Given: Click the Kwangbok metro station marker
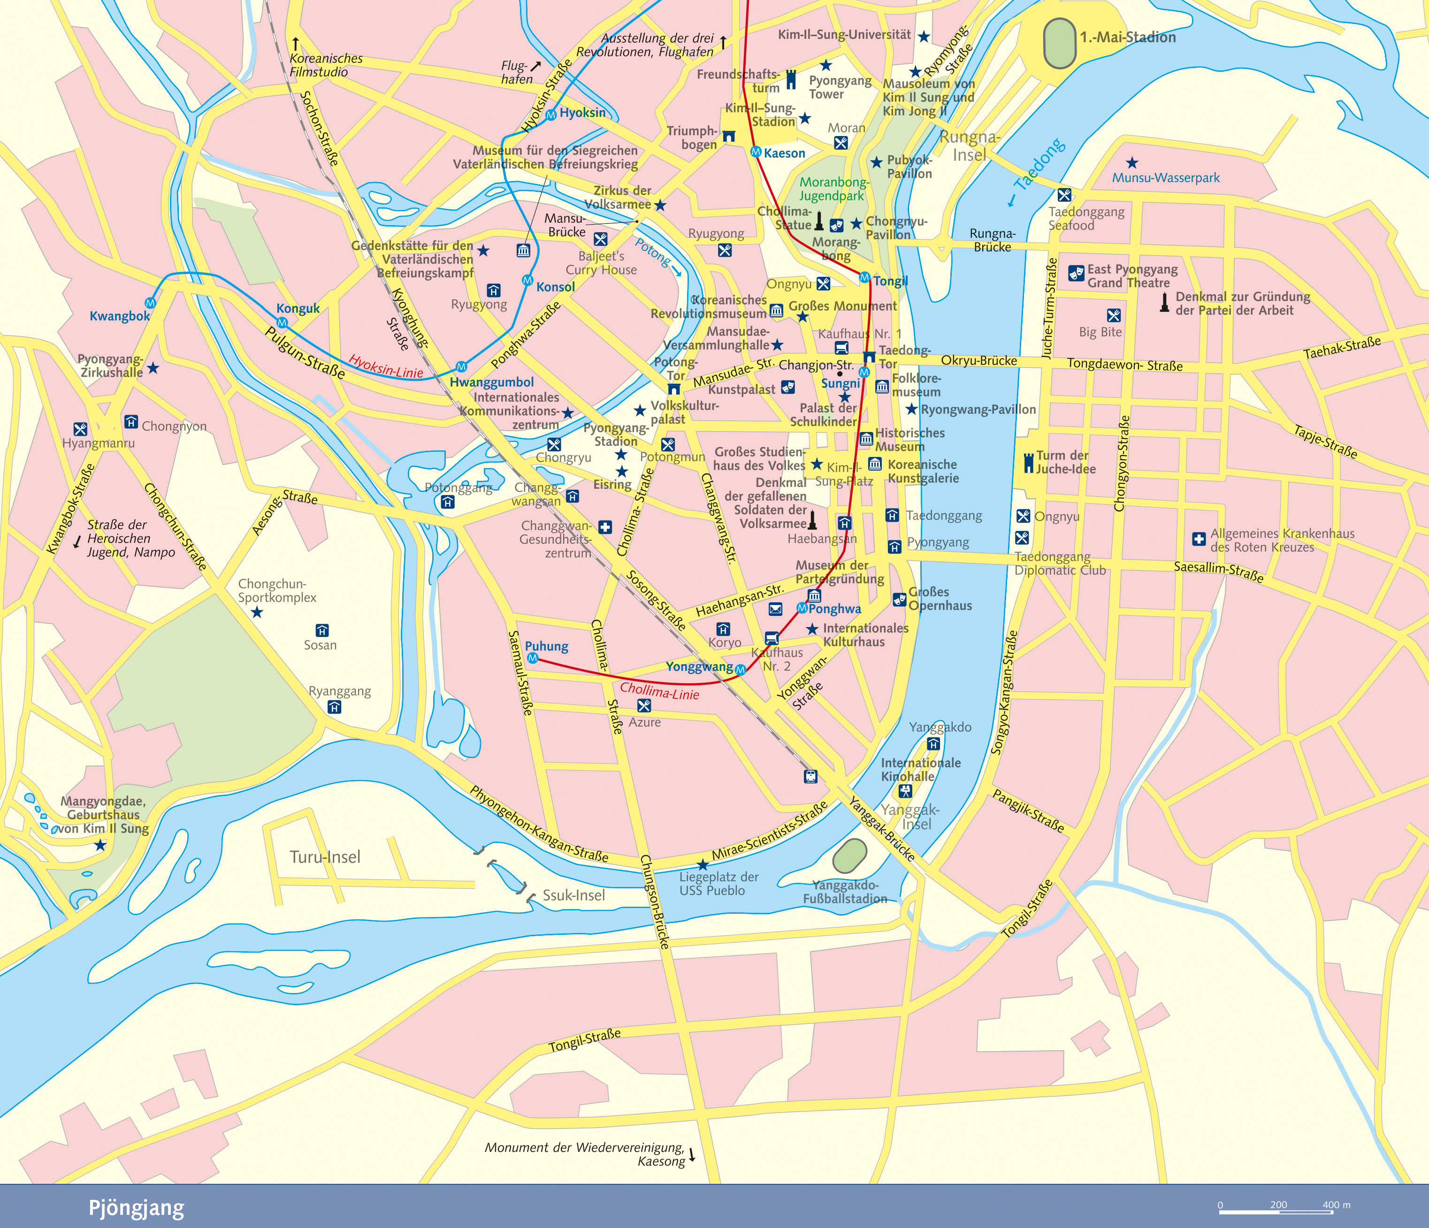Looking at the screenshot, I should coord(150,303).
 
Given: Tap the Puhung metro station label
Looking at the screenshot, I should coord(546,646).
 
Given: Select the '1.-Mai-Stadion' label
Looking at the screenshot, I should coord(1128,37).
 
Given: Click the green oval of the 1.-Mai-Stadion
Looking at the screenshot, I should coord(1059,43).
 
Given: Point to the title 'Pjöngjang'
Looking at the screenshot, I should coord(136,1207).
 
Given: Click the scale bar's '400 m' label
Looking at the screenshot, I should coord(1336,1205).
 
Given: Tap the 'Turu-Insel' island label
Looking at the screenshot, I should coord(325,857).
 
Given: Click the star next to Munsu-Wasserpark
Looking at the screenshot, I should coord(1132,163).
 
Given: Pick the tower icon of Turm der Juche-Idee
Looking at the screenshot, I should coord(1028,462).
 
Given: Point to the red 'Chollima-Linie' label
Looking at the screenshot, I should coord(659,691).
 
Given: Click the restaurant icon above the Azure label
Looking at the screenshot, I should coord(644,705).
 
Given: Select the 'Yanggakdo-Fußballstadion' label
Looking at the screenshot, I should coord(845,892).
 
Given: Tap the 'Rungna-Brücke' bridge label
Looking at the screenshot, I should coord(993,240).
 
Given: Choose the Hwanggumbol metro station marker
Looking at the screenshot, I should coord(461,367).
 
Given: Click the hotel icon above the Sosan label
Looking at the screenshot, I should coord(321,630).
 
